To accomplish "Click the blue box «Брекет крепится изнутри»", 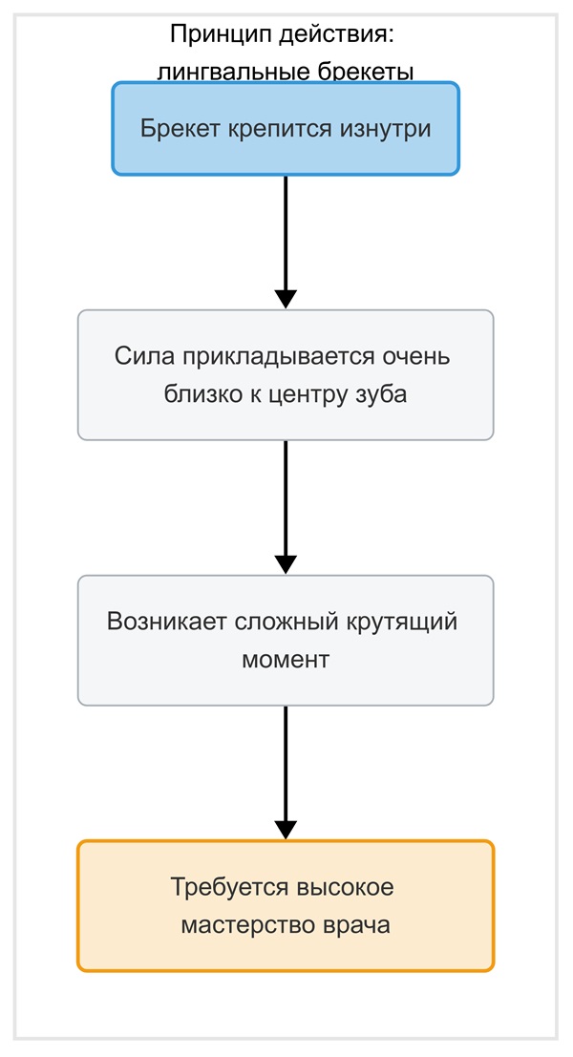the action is tap(286, 129).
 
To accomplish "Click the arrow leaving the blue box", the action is tap(286, 242).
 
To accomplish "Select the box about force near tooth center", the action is tap(286, 375).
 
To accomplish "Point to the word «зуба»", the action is tap(384, 393).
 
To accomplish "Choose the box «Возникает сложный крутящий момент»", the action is tap(286, 641).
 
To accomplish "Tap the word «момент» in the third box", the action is tap(286, 660).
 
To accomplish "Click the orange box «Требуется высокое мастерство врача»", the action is tap(286, 906).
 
